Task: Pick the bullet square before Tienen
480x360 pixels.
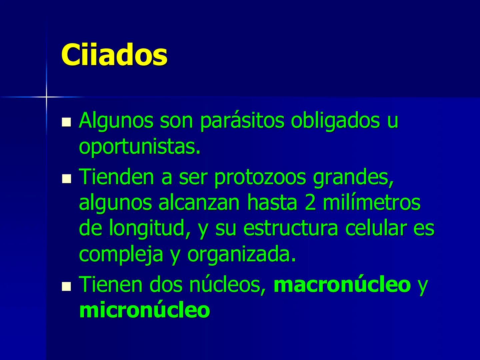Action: [67, 286]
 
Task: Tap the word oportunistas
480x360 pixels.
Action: [139, 147]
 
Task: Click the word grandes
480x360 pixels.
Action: [353, 177]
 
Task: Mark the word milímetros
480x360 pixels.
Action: [371, 202]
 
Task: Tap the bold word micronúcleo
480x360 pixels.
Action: [145, 310]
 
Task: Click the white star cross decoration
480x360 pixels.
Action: [46, 97]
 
